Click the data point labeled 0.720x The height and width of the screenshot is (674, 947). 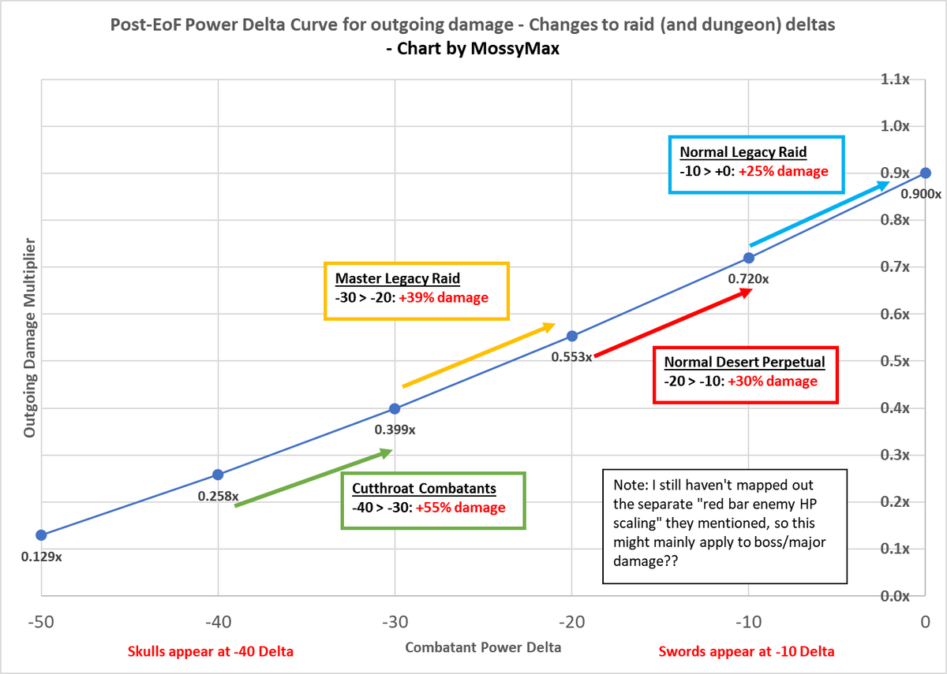[749, 258]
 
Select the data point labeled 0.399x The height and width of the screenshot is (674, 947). [395, 408]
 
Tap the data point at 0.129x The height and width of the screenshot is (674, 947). [41, 534]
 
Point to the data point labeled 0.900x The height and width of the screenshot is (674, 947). [926, 173]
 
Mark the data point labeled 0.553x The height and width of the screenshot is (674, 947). [572, 336]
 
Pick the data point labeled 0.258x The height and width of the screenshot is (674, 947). [218, 475]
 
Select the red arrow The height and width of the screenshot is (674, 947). [672, 324]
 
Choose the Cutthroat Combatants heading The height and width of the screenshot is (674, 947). [425, 489]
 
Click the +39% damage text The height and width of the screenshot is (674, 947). [444, 298]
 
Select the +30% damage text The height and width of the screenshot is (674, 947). [773, 382]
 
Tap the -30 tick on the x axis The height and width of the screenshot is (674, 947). [395, 620]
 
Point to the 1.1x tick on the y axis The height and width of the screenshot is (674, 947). [896, 80]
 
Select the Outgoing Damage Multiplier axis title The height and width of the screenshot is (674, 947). [29, 338]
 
